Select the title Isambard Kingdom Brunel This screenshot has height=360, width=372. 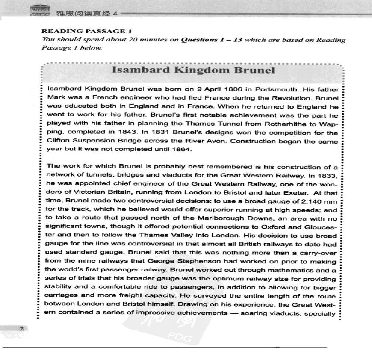(x=193, y=71)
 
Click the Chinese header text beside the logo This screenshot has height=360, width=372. (x=83, y=13)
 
